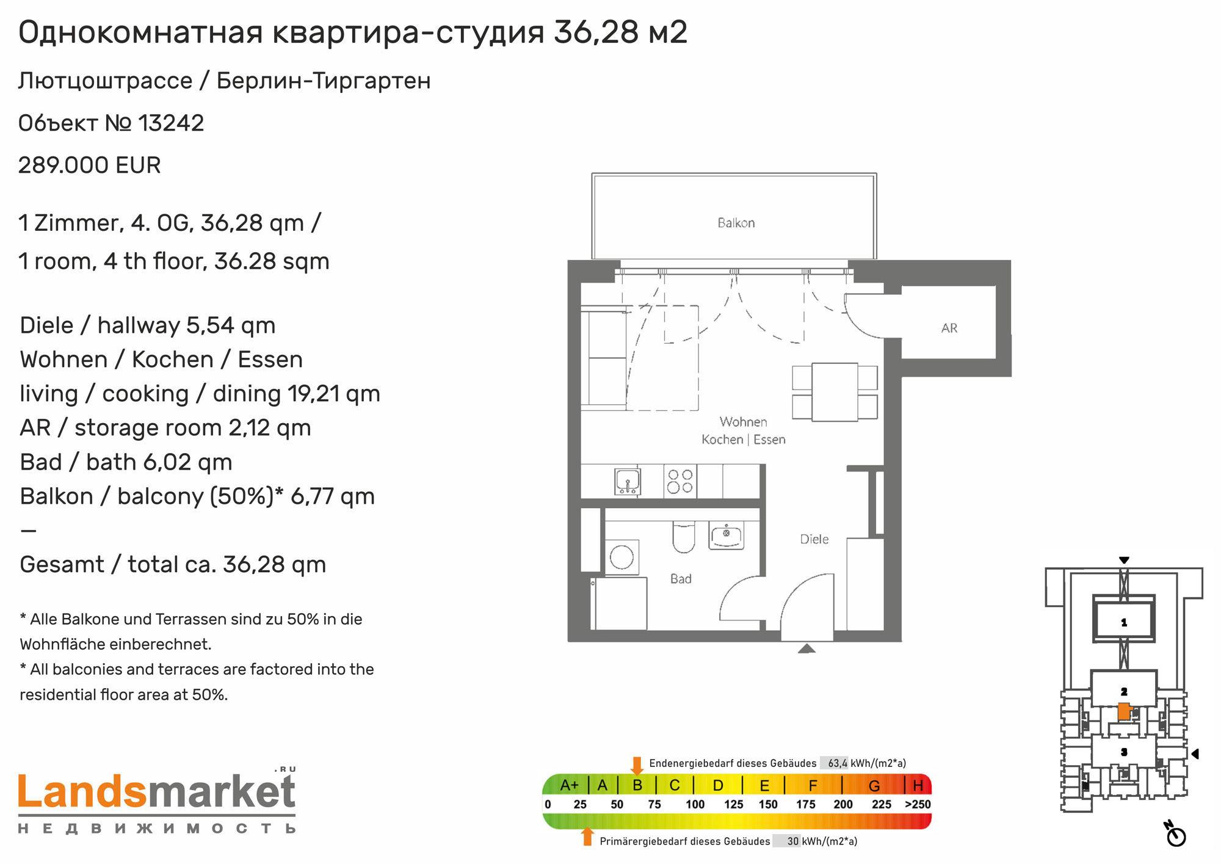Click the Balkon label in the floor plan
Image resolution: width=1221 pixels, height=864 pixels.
point(736,223)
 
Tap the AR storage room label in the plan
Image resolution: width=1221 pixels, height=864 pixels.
point(949,328)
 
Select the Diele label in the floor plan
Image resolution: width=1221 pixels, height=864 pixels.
point(814,539)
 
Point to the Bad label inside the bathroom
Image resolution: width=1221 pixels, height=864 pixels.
point(681,579)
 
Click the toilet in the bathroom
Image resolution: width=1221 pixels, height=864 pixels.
point(684,537)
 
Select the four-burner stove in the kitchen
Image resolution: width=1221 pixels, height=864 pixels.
point(680,481)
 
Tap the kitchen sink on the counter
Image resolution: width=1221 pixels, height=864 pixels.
point(628,481)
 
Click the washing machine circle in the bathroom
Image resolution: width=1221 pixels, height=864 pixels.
point(622,557)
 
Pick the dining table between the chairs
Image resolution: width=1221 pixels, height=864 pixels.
point(835,392)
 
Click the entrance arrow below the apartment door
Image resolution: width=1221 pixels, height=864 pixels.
point(806,648)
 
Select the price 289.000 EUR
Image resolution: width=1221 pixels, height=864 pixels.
point(90,165)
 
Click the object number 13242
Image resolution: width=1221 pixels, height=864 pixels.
point(172,123)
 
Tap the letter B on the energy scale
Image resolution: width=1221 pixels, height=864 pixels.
point(637,785)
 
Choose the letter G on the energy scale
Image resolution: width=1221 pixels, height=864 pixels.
point(874,785)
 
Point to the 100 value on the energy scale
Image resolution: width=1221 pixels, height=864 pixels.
point(695,804)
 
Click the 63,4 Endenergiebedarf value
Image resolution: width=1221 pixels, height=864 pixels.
point(838,763)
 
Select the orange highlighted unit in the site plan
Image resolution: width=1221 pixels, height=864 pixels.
point(1124,711)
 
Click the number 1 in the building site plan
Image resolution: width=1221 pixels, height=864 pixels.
point(1124,623)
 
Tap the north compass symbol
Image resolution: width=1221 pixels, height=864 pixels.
point(1175,835)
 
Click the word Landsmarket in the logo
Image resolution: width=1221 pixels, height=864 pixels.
point(157,792)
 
